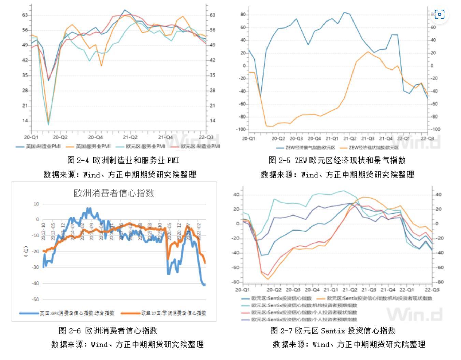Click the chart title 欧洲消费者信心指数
114,193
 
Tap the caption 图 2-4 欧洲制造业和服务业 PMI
123,160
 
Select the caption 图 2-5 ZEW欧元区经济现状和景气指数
337,160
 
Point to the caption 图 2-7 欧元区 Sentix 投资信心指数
333,331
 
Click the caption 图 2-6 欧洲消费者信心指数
108,331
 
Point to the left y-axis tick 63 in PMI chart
25,15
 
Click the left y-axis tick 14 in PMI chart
25,121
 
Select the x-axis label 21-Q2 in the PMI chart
130,137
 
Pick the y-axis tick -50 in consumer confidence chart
35,300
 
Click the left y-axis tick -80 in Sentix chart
236,282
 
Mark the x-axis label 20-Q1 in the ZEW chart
248,139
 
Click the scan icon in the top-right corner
440,14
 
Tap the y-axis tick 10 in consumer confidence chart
36,204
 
